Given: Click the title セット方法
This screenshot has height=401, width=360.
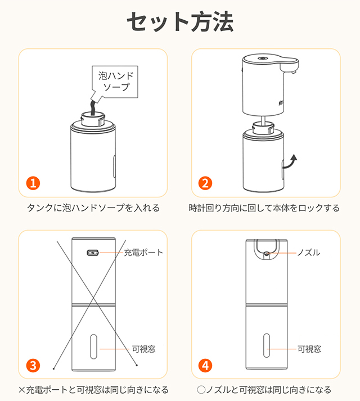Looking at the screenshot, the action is (x=180, y=22).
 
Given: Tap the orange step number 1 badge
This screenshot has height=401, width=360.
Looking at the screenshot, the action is (x=33, y=183).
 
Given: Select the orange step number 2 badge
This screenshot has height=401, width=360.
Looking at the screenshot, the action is (x=205, y=183).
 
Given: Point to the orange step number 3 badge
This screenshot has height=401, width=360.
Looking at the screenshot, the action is (x=33, y=366).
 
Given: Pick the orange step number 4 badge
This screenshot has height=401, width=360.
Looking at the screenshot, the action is (x=205, y=366).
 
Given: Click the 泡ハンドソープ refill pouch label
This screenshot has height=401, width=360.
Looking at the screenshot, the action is (x=115, y=82).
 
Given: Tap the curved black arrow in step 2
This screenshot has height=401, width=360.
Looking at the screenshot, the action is (x=290, y=163).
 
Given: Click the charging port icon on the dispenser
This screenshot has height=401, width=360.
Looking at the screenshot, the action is (x=93, y=253).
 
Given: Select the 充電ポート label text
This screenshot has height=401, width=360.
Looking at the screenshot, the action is (x=143, y=253).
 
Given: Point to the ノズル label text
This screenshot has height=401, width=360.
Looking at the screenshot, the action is (x=308, y=253).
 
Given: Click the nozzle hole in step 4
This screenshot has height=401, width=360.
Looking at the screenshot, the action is (x=267, y=254).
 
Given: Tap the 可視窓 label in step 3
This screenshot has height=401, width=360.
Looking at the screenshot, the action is (x=143, y=349).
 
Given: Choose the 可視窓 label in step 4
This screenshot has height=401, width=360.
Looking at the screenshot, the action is (x=309, y=349).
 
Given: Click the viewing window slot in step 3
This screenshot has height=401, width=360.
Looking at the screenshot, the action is (x=93, y=346).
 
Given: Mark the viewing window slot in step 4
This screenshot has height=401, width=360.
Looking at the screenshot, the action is (x=267, y=345).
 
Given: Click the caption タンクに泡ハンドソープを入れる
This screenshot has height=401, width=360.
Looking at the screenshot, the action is (x=93, y=208).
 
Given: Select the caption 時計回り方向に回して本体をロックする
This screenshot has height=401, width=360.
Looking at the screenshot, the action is (x=264, y=208).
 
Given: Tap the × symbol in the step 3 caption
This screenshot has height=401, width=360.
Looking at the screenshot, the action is (x=22, y=390).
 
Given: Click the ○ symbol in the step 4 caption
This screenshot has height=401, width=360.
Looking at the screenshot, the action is (x=201, y=390).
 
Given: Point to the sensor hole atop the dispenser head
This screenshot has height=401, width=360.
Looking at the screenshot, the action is (x=262, y=58).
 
